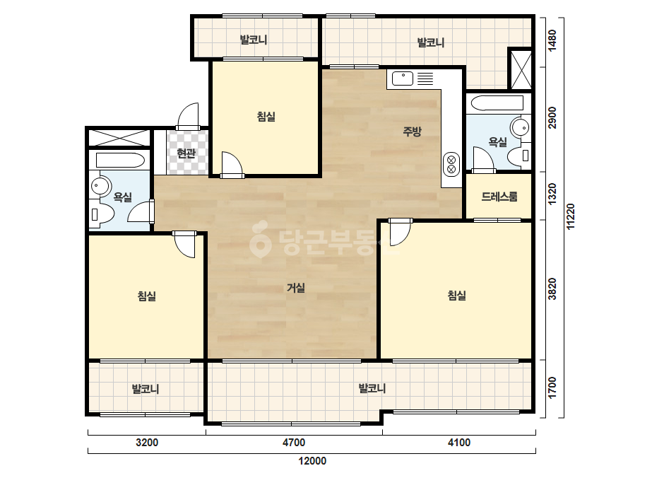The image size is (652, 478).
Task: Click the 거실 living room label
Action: (x=296, y=288)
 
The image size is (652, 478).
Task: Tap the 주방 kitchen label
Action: (x=412, y=132)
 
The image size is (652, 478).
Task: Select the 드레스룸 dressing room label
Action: (x=499, y=197)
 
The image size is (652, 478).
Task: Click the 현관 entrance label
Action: (x=186, y=153)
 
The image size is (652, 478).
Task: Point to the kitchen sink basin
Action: (x=403, y=78)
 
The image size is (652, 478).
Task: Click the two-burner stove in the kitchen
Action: (x=451, y=164)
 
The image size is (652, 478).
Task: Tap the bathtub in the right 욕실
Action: (x=494, y=103)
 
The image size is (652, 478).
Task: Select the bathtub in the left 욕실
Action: (x=120, y=161)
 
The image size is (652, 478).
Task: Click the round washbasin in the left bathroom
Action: (x=100, y=185)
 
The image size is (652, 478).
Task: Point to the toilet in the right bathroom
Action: (x=519, y=156)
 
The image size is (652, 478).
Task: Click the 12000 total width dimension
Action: (x=312, y=461)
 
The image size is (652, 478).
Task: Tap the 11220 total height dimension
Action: (x=571, y=216)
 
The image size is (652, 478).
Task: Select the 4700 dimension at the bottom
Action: (x=294, y=442)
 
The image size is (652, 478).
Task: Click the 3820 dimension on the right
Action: (x=552, y=289)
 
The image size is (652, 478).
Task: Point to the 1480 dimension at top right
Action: (x=552, y=41)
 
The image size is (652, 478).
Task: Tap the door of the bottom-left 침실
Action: (x=184, y=245)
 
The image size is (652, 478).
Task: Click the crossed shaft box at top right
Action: (x=521, y=69)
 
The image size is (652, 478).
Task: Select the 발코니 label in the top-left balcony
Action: (x=253, y=40)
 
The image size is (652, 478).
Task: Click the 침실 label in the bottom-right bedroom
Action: (x=456, y=296)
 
